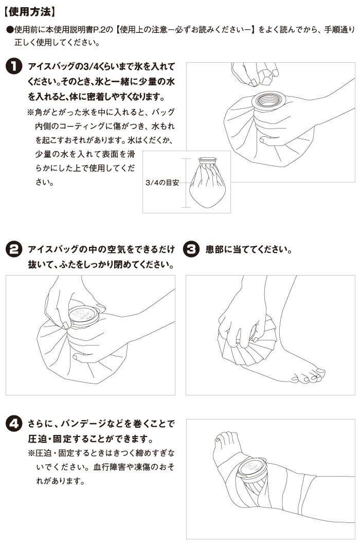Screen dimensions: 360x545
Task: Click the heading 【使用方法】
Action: [29, 12]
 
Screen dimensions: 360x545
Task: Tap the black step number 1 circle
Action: [14, 66]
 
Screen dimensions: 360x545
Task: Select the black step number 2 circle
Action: [14, 249]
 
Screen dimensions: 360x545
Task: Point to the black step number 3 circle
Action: [191, 249]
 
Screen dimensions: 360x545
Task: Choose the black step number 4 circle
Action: [14, 424]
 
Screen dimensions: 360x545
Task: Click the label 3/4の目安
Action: [162, 183]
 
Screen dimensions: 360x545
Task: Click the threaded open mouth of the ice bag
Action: [268, 100]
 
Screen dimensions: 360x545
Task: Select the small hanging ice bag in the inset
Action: [207, 183]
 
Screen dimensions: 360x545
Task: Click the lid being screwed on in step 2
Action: [83, 316]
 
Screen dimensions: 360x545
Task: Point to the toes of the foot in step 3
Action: [309, 376]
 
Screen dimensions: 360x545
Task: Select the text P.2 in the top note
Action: [99, 30]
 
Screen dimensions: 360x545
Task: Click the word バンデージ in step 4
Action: [83, 424]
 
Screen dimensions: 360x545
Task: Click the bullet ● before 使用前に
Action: [10, 30]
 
